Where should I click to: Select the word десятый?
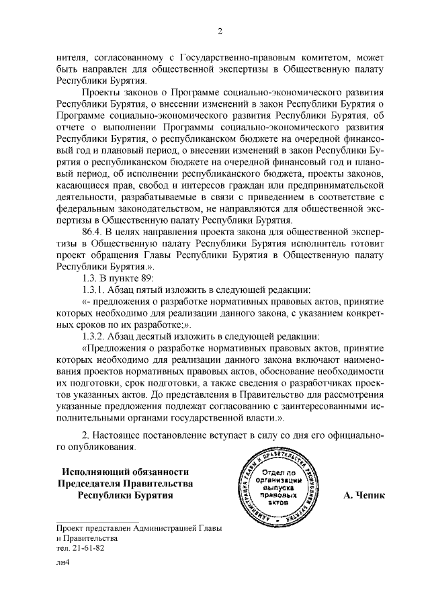coord(155,337)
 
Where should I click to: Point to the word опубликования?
coord(95,447)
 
